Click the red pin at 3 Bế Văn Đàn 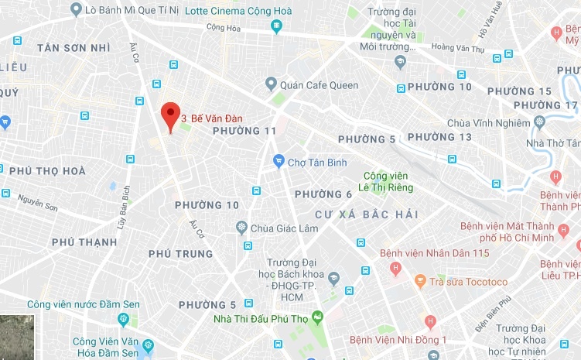(x=170, y=115)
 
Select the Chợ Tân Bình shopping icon (x=279, y=161)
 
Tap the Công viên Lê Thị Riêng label (x=388, y=181)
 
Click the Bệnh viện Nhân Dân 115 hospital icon (x=395, y=269)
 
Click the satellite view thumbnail (x=16, y=337)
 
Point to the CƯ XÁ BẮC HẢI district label (x=356, y=214)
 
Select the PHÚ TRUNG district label (x=180, y=254)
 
